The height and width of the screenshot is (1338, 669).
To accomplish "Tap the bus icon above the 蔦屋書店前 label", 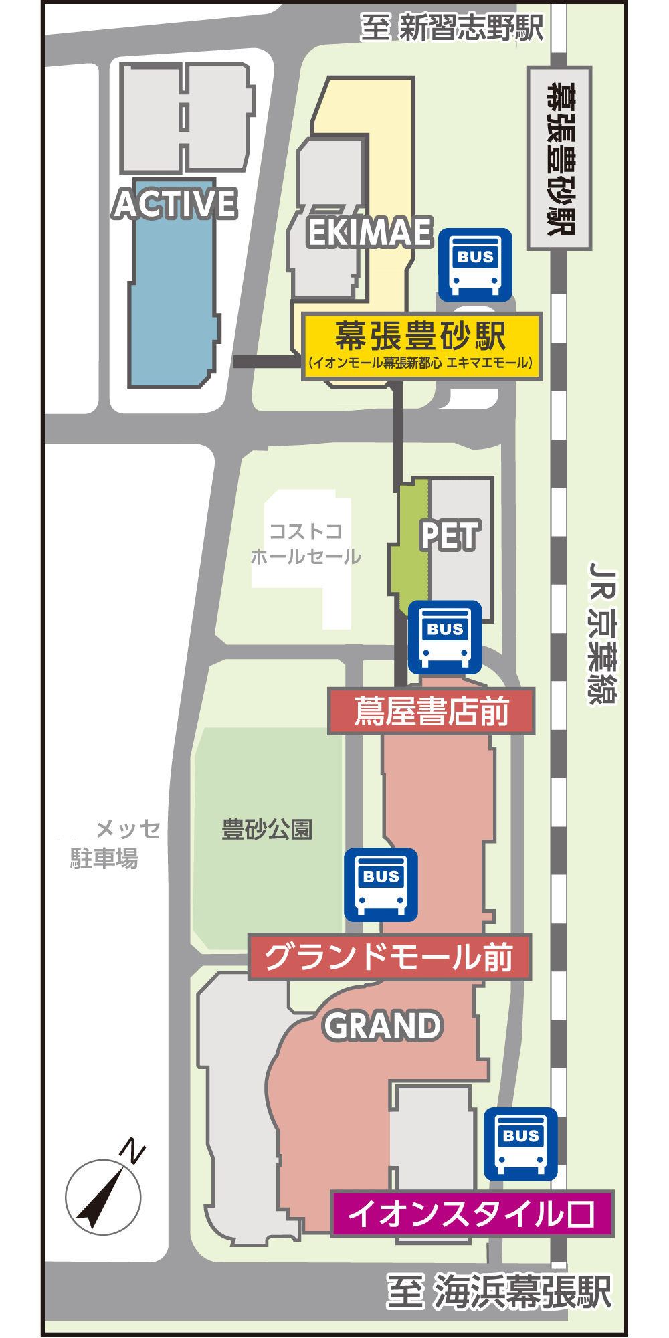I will (445, 637).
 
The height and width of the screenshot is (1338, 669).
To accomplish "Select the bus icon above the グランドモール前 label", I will (381, 884).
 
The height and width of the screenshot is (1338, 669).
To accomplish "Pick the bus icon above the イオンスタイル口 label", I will (520, 1144).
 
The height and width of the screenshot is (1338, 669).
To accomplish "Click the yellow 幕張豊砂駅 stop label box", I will (421, 346).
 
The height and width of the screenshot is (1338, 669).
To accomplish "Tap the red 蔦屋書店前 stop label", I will (431, 711).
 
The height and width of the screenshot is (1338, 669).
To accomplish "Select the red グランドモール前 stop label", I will (389, 957).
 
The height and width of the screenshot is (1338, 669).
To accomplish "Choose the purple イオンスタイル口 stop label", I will (472, 1213).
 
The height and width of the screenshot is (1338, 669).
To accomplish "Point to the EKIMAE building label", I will (369, 233).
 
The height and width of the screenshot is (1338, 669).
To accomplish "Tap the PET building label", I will (450, 536).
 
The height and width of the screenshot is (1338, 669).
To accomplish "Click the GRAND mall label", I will (383, 1026).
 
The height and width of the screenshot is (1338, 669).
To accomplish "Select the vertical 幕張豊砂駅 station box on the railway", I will (559, 159).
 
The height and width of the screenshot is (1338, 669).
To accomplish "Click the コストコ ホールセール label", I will (305, 544).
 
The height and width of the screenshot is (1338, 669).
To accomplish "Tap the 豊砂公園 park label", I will (267, 830).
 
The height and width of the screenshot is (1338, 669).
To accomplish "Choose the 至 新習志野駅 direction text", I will (452, 28).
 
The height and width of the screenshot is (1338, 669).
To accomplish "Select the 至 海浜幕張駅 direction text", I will (499, 1291).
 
